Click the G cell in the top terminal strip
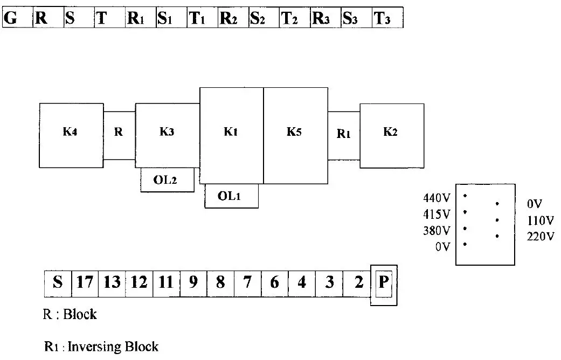(18, 17)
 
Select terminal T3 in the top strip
(387, 17)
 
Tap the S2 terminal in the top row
(264, 17)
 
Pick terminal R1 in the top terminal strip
(141, 17)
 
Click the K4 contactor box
(71, 136)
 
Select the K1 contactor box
(232, 136)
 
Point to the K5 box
(295, 136)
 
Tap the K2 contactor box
(392, 136)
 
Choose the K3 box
(168, 136)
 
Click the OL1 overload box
(232, 196)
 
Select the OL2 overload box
(168, 179)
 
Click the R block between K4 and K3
(119, 136)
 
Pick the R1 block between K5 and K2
(344, 136)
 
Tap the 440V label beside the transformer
(437, 198)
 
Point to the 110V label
(540, 220)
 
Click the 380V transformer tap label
(437, 231)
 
